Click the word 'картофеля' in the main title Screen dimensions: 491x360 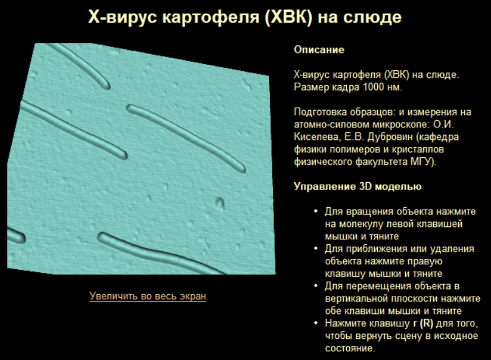click(x=211, y=17)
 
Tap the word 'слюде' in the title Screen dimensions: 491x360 click(x=372, y=17)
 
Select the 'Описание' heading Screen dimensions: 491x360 click(x=319, y=50)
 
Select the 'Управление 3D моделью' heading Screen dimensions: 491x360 click(x=357, y=187)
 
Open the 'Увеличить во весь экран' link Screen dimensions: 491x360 click(x=148, y=296)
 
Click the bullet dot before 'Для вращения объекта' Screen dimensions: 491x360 click(x=316, y=211)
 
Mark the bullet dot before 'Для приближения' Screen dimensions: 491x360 click(x=316, y=249)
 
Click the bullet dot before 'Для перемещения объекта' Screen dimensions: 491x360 click(x=316, y=286)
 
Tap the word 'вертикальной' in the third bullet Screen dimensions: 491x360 click(x=357, y=298)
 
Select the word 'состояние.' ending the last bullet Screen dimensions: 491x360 click(x=350, y=348)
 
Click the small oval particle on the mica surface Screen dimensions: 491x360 click(x=220, y=203)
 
